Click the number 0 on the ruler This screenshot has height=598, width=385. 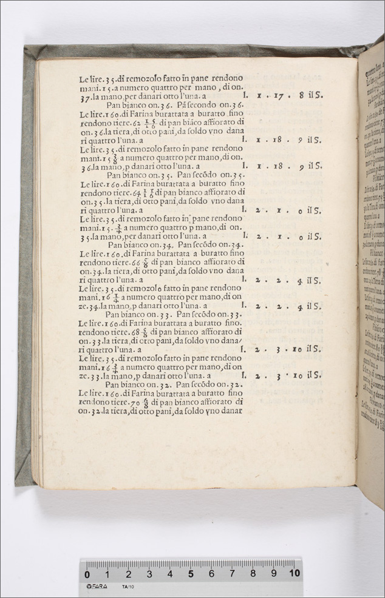point(87,574)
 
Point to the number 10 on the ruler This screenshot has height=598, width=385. point(295,573)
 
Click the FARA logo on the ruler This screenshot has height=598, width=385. point(97,586)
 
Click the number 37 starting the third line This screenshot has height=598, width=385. point(84,96)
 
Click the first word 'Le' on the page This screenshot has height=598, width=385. point(84,78)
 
